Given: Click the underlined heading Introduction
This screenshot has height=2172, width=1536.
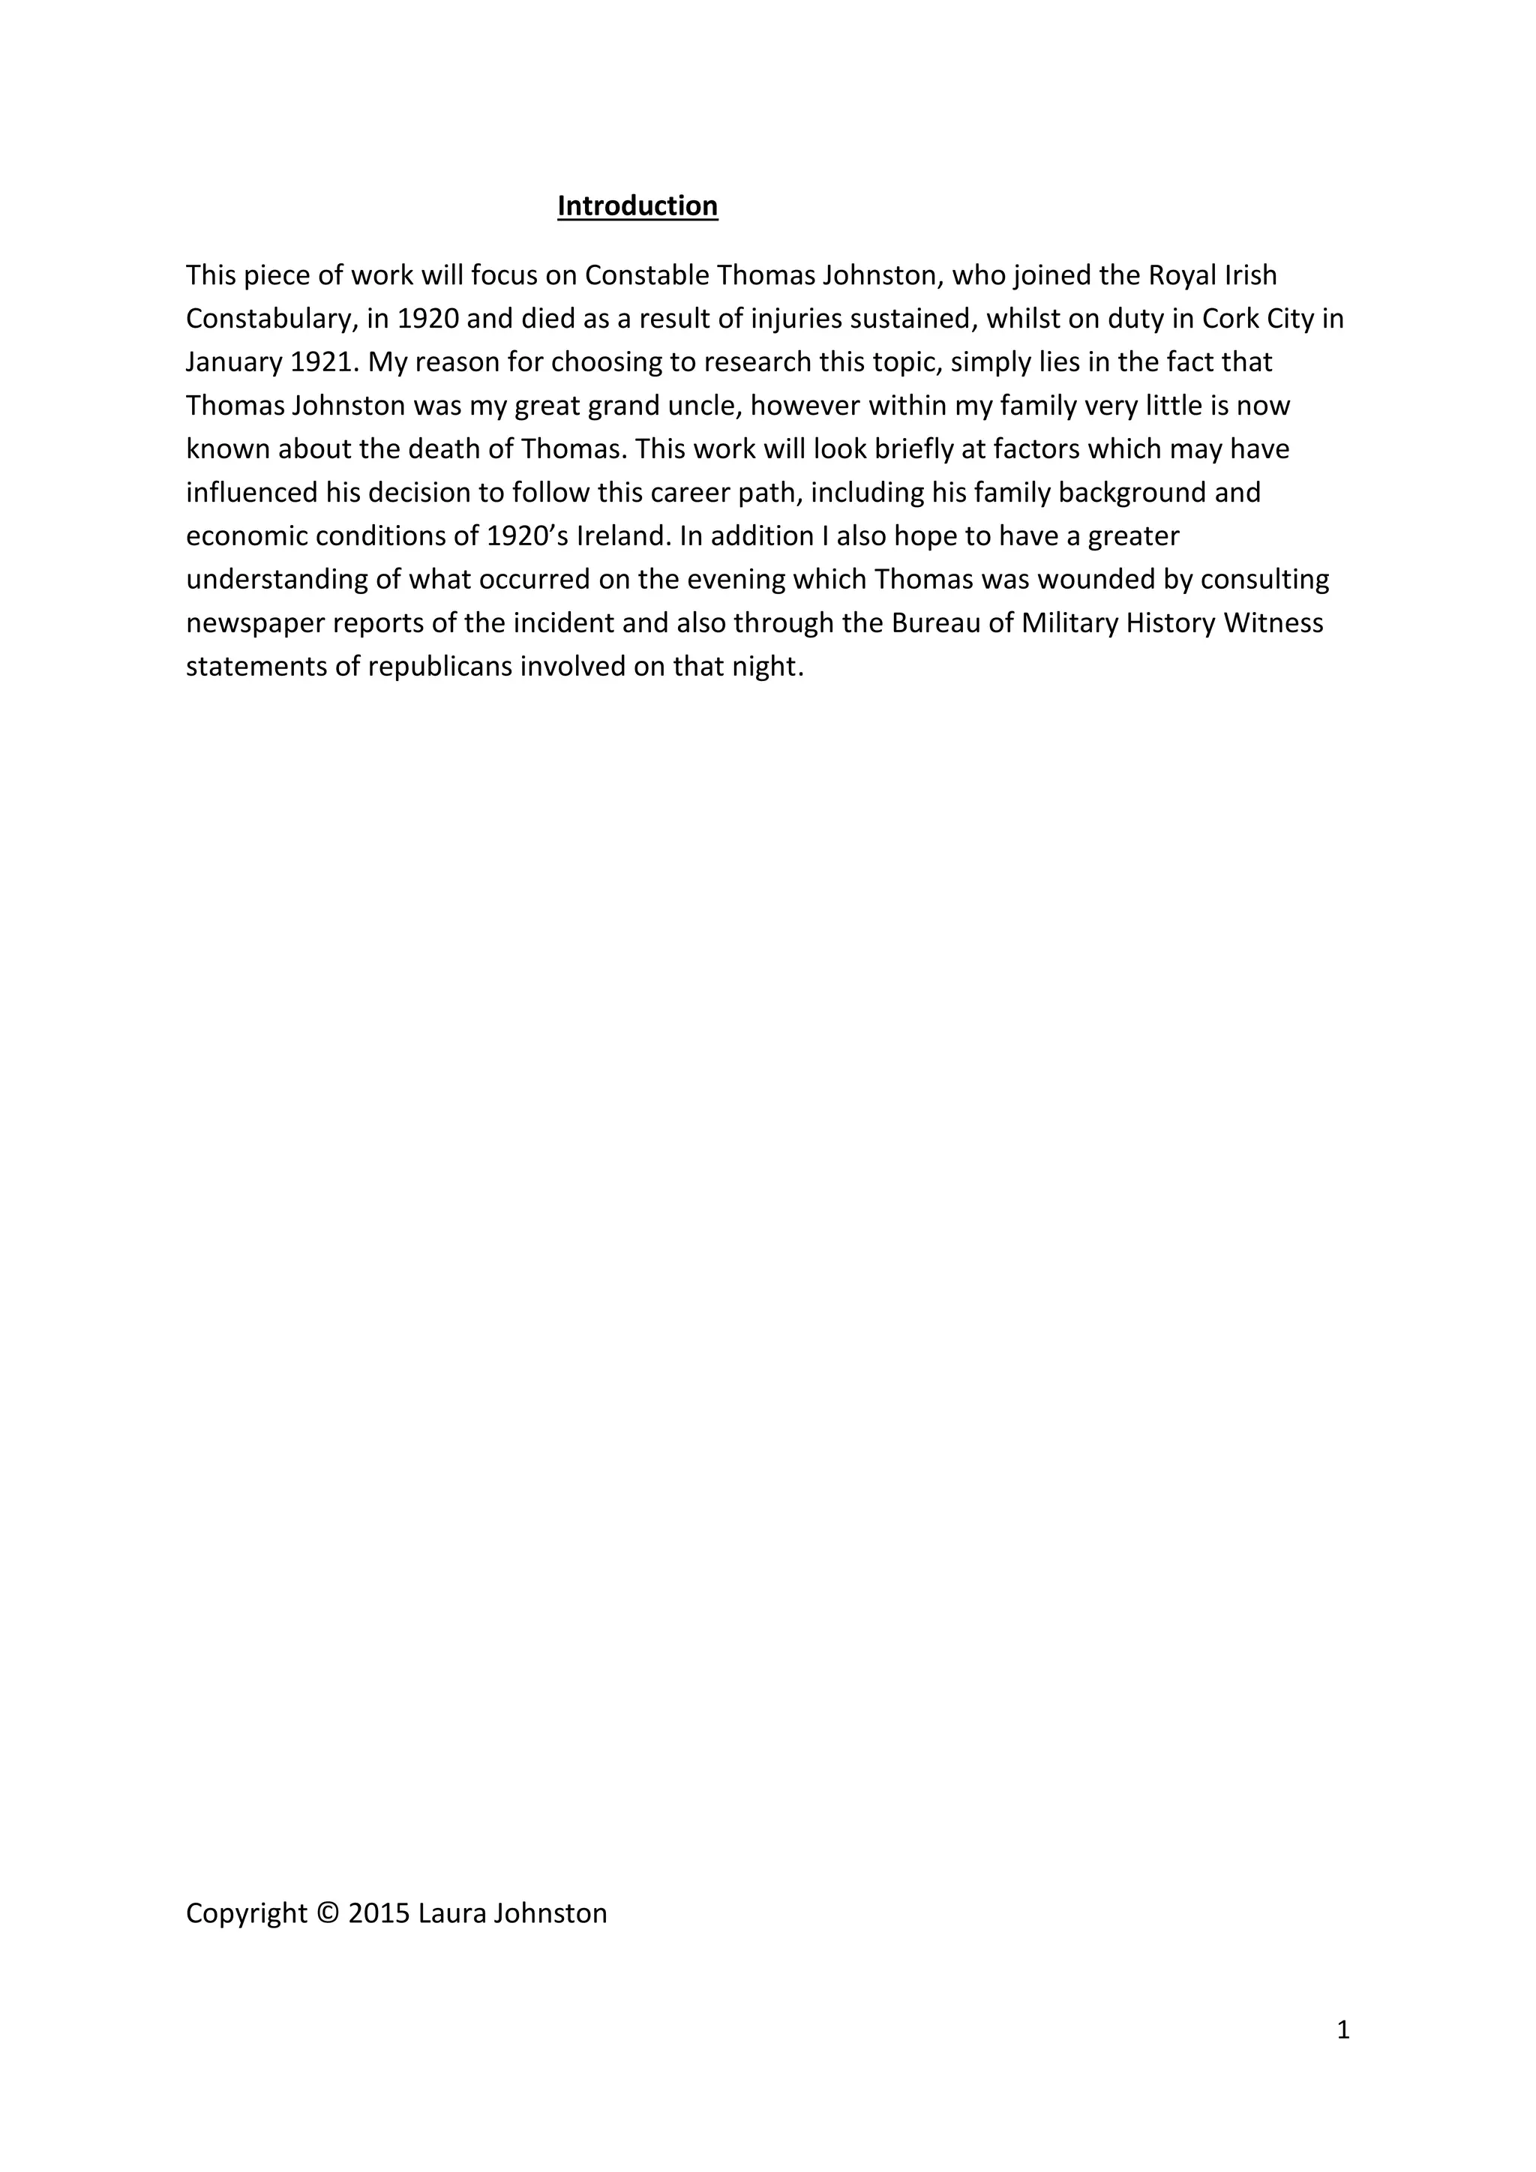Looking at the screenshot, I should [637, 206].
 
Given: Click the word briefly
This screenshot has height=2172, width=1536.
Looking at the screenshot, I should [914, 449].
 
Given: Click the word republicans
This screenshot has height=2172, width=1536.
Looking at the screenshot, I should [439, 667].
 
